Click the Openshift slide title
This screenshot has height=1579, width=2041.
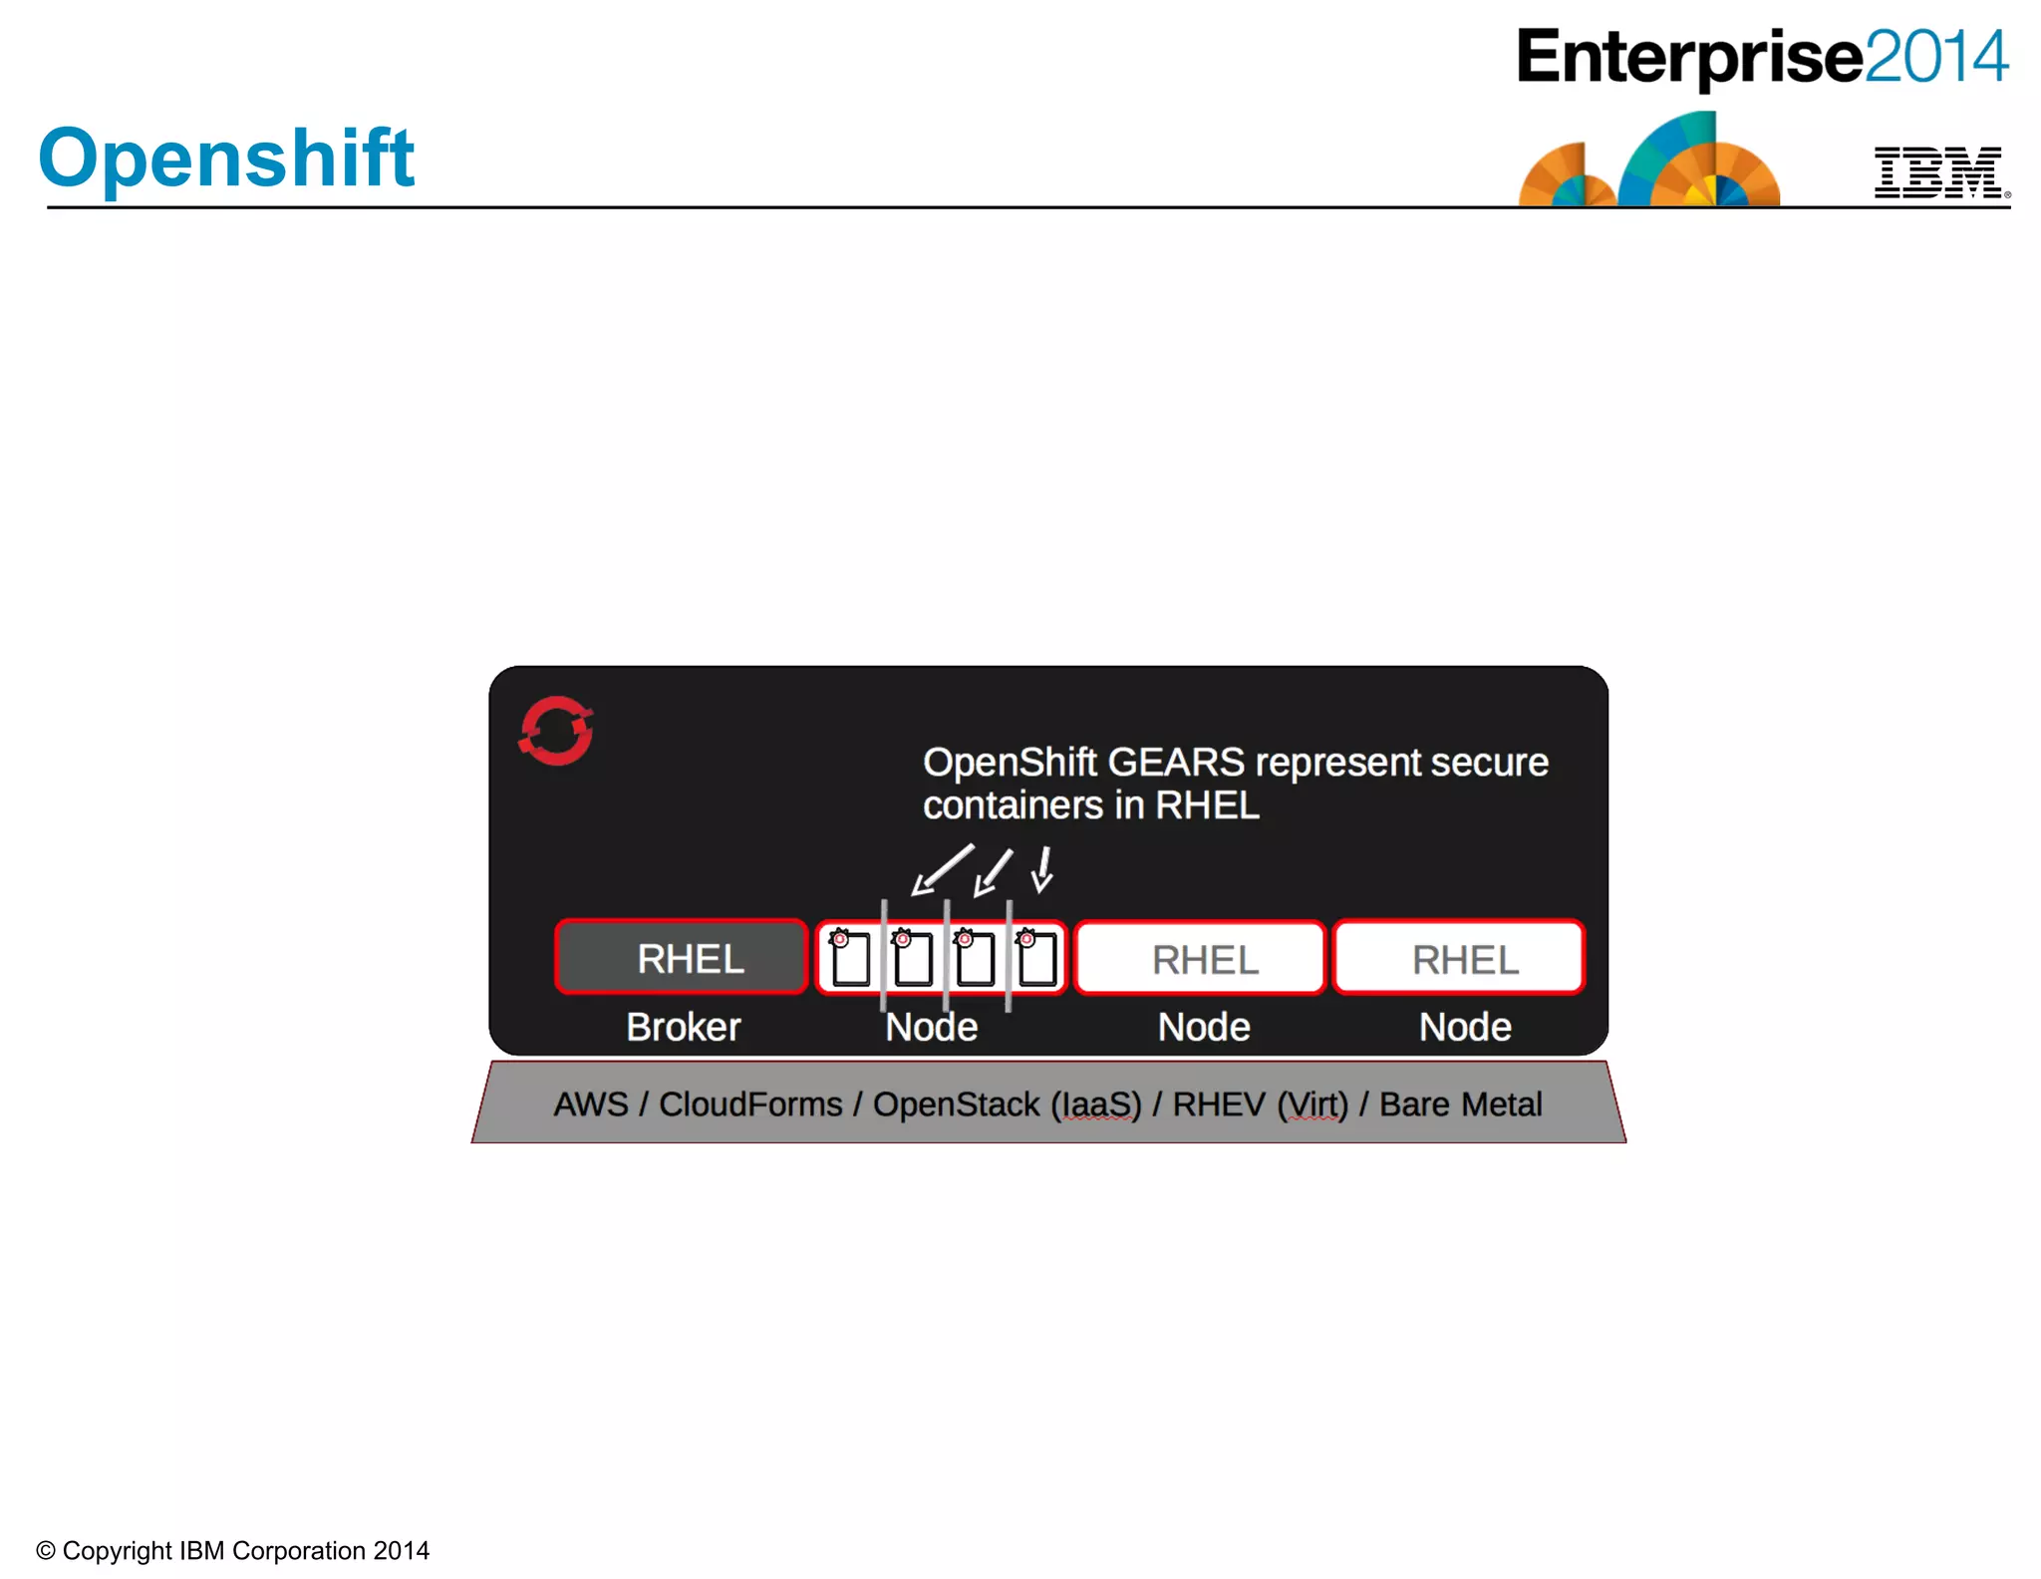pyautogui.click(x=226, y=158)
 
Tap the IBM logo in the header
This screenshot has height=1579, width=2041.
pyautogui.click(x=1939, y=172)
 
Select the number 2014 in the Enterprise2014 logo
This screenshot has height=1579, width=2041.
pyautogui.click(x=1936, y=57)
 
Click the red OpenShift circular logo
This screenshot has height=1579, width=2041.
pyautogui.click(x=556, y=731)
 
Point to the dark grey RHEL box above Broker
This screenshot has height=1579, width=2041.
pyautogui.click(x=682, y=958)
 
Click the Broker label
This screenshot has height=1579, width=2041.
pyautogui.click(x=684, y=1027)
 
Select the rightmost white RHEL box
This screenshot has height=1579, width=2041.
pyautogui.click(x=1460, y=959)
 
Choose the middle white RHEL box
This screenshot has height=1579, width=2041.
pyautogui.click(x=1201, y=959)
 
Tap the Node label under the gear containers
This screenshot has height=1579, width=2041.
pyautogui.click(x=932, y=1027)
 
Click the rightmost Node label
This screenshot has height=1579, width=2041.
pyautogui.click(x=1465, y=1027)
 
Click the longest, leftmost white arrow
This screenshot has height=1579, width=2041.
pyautogui.click(x=941, y=870)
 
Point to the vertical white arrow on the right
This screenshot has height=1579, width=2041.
pyautogui.click(x=1043, y=869)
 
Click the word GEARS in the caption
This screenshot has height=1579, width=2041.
pyautogui.click(x=1176, y=763)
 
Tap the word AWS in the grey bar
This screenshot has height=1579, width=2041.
pyautogui.click(x=591, y=1105)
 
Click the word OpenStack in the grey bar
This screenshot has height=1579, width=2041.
pyautogui.click(x=956, y=1105)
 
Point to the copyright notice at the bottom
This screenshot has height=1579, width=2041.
pyautogui.click(x=233, y=1550)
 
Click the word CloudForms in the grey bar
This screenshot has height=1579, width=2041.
pyautogui.click(x=750, y=1105)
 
